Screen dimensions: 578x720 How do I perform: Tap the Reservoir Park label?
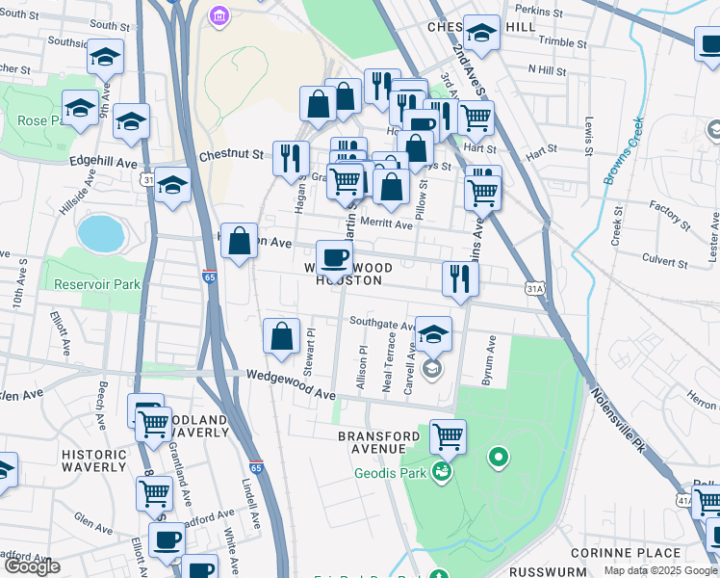[x=97, y=285]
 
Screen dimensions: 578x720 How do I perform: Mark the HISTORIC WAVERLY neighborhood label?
[x=93, y=460]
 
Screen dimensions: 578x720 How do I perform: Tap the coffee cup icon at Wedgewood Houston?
[x=334, y=256]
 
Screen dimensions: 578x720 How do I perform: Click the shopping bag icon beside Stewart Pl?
[x=281, y=336]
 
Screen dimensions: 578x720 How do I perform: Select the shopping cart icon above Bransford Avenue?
[x=448, y=435]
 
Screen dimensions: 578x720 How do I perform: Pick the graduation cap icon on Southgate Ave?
[x=433, y=333]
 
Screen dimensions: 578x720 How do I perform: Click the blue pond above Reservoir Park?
[x=101, y=232]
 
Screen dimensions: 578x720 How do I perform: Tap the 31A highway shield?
[x=536, y=288]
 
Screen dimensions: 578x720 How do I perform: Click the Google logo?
[x=32, y=566]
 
